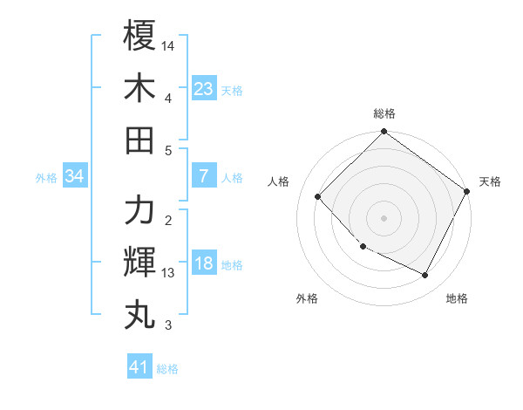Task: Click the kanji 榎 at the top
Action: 140,37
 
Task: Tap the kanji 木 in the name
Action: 140,88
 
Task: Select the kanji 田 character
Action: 140,140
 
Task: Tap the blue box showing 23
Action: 203,88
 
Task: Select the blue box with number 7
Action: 203,176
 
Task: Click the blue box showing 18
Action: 203,264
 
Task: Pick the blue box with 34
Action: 74,176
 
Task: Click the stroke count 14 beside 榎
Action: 168,44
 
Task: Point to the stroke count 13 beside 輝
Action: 168,273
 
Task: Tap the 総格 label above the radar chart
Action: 384,113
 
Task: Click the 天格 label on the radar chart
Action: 490,181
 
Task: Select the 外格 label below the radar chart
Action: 307,298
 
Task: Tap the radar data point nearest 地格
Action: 425,276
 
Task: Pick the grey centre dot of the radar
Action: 384,218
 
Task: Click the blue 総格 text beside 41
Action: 167,369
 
